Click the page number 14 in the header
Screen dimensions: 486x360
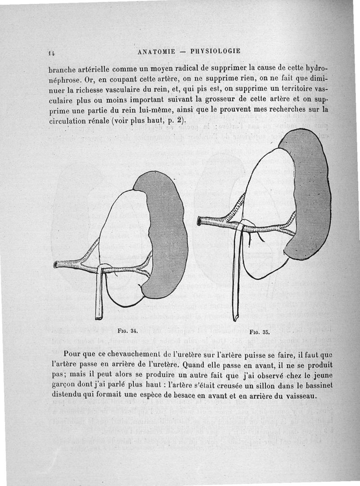(x=52, y=52)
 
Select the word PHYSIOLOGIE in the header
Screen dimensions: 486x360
(x=216, y=51)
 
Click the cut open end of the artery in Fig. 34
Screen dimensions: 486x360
(x=56, y=264)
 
